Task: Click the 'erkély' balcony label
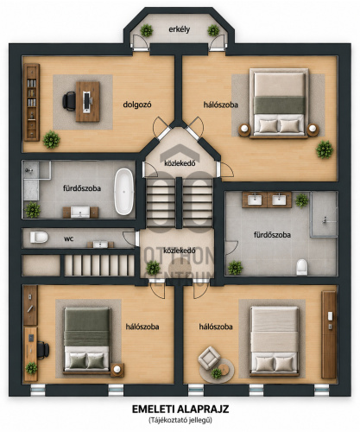pyautogui.click(x=179, y=29)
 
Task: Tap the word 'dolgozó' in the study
pyautogui.click(x=137, y=105)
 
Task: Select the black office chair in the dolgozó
pyautogui.click(x=69, y=101)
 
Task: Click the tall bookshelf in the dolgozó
pyautogui.click(x=32, y=102)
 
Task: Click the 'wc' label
pyautogui.click(x=69, y=238)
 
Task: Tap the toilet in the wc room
pyautogui.click(x=39, y=238)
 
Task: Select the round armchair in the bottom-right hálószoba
pyautogui.click(x=209, y=358)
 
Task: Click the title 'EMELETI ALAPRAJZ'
pyautogui.click(x=180, y=410)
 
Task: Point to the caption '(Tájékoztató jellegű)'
pyautogui.click(x=180, y=420)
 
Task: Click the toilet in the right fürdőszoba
pyautogui.click(x=302, y=267)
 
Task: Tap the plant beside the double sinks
pyautogui.click(x=302, y=200)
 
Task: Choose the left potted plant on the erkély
pyautogui.click(x=147, y=30)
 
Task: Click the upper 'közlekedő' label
pyautogui.click(x=180, y=163)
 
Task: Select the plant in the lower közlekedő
pyautogui.click(x=154, y=268)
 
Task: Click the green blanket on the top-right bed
pyautogui.click(x=280, y=105)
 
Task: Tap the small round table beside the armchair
pyautogui.click(x=224, y=368)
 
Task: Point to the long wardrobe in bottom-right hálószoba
pyautogui.click(x=329, y=335)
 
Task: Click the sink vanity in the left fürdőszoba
pyautogui.click(x=80, y=213)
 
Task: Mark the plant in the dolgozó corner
pyautogui.click(x=52, y=140)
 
